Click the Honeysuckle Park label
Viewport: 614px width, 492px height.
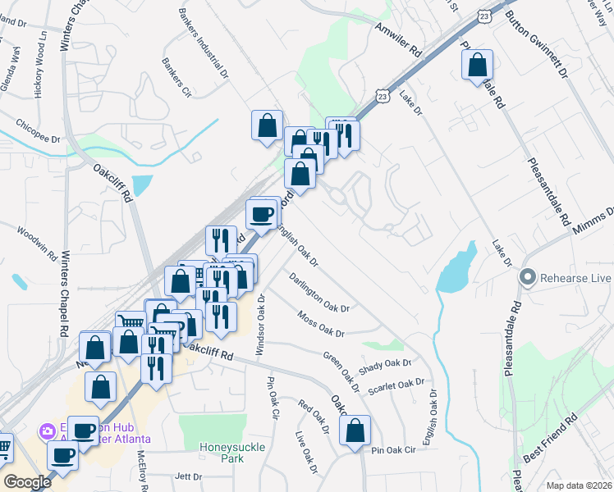tap(222, 453)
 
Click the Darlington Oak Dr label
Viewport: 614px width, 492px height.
tap(319, 292)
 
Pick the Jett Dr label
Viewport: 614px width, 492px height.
tap(188, 476)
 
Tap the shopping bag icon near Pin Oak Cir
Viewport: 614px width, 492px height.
tap(355, 430)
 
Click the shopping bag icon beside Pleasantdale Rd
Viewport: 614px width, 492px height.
tap(477, 65)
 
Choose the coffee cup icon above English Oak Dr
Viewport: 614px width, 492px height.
tap(262, 215)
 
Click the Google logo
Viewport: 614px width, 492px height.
tap(26, 482)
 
